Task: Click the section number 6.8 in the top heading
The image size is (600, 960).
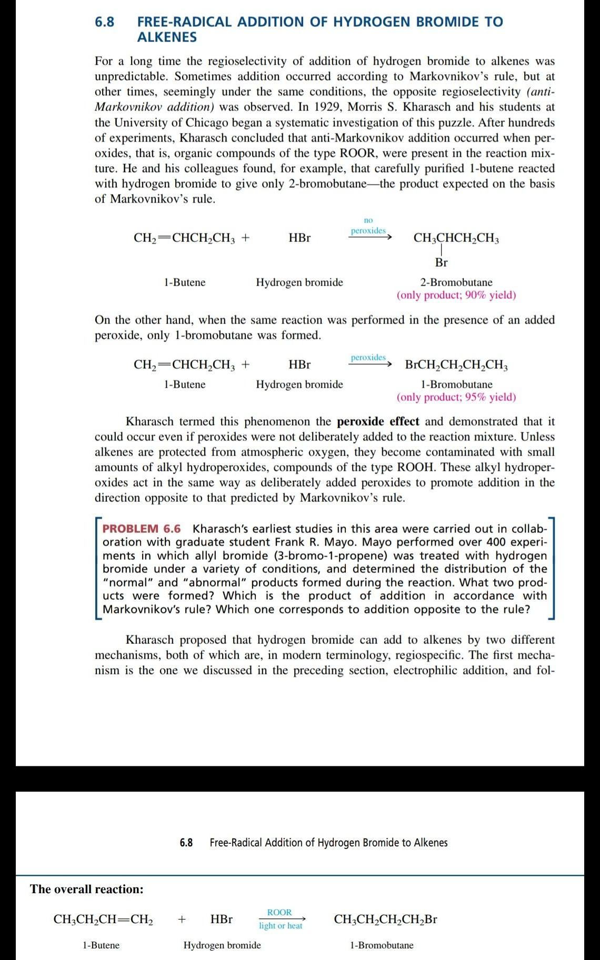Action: pyautogui.click(x=104, y=22)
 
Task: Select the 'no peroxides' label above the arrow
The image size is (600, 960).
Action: pyautogui.click(x=368, y=226)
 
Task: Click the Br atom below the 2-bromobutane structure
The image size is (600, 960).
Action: pyautogui.click(x=441, y=262)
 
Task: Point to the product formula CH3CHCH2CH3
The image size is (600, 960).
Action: pyautogui.click(x=456, y=238)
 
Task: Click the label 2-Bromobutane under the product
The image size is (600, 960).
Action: pyautogui.click(x=456, y=282)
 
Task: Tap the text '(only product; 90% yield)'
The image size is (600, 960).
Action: pyautogui.click(x=456, y=295)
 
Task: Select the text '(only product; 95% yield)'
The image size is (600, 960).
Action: pyautogui.click(x=456, y=397)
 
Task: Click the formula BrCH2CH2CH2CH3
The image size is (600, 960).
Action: pyautogui.click(x=456, y=365)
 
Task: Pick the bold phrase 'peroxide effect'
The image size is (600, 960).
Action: pyautogui.click(x=378, y=421)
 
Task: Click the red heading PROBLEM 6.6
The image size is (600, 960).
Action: pyautogui.click(x=141, y=529)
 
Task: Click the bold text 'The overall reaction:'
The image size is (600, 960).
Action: pyautogui.click(x=87, y=889)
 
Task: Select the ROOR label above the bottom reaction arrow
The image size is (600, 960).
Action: pyautogui.click(x=279, y=912)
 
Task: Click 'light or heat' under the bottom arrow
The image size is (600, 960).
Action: pyautogui.click(x=281, y=926)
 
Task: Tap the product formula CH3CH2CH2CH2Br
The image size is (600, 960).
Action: pyautogui.click(x=385, y=919)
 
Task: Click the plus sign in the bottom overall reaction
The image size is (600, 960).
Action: pyautogui.click(x=182, y=919)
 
